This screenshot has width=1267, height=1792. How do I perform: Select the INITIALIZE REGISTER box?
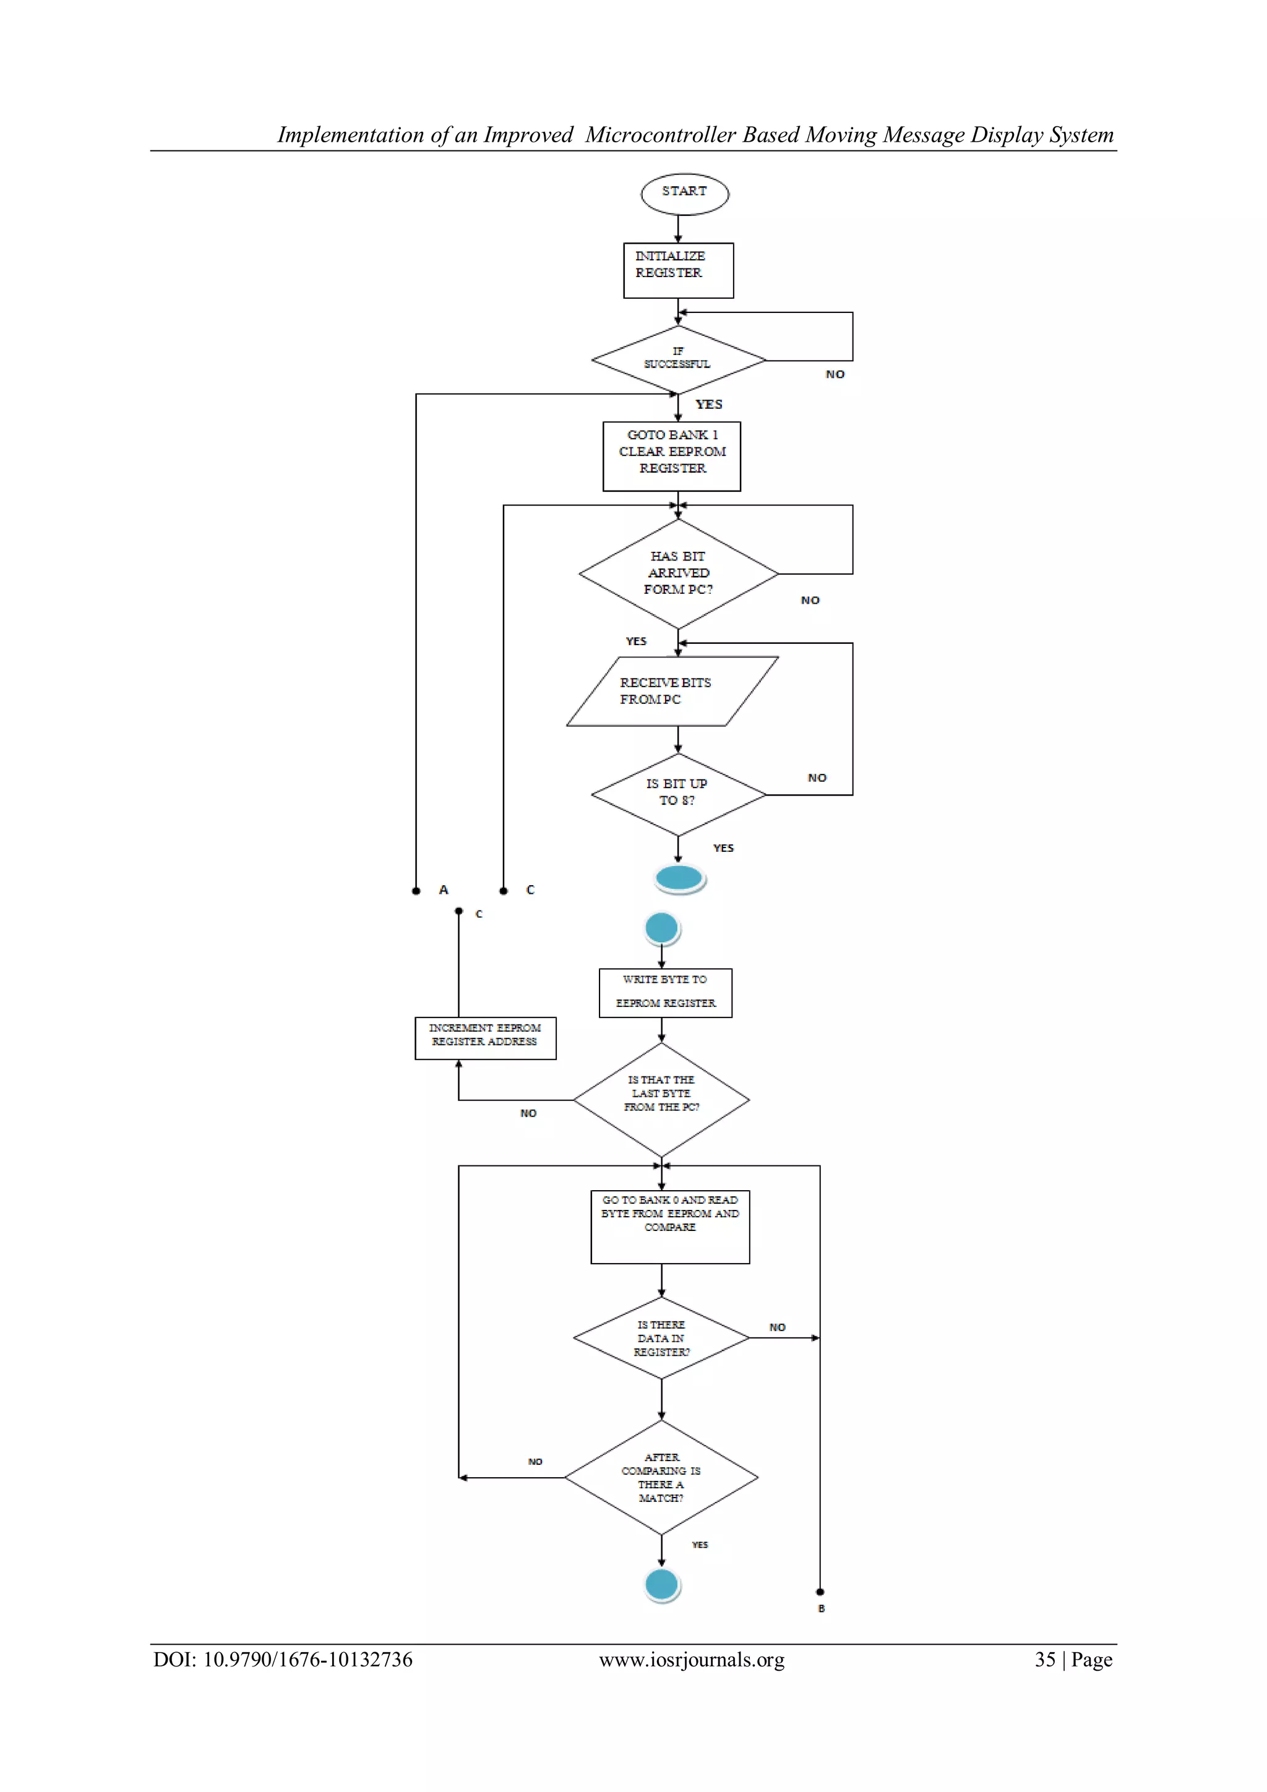[x=677, y=270]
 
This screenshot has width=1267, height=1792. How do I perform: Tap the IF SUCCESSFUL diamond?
[x=677, y=360]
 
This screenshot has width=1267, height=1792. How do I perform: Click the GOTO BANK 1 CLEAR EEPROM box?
[x=671, y=456]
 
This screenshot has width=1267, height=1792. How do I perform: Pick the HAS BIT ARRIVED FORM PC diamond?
[x=677, y=573]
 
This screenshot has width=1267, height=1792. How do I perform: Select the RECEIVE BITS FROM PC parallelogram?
[x=671, y=692]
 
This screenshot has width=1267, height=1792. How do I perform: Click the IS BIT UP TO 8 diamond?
[x=677, y=794]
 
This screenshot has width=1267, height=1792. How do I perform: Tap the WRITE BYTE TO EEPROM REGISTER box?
[x=665, y=992]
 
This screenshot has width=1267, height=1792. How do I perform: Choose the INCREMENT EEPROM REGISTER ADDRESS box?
[x=485, y=1037]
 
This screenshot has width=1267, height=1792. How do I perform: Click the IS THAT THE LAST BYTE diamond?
[x=661, y=1099]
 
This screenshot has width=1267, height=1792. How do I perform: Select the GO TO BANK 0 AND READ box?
[x=670, y=1226]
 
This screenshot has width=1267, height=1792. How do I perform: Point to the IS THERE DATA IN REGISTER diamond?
[x=661, y=1338]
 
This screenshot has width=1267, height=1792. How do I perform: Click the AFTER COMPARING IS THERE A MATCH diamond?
[x=661, y=1477]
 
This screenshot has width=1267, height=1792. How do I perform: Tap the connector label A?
[x=444, y=890]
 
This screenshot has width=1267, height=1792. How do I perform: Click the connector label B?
[x=821, y=1608]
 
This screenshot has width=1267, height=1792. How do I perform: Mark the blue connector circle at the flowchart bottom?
[x=662, y=1585]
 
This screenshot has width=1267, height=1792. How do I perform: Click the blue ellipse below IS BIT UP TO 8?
[x=679, y=878]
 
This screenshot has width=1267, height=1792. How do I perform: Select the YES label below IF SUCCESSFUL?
[x=709, y=405]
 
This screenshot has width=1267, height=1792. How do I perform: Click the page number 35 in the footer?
[x=1044, y=1660]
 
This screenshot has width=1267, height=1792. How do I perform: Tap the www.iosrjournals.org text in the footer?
[x=692, y=1660]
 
